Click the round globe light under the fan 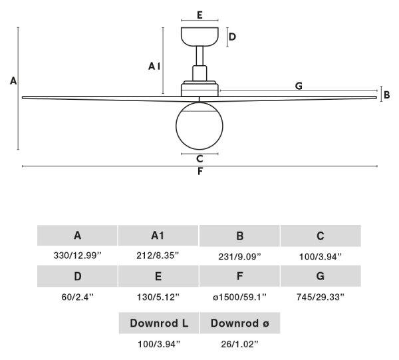[x=199, y=126]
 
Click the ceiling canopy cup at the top [x=199, y=37]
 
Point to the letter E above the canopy [x=199, y=15]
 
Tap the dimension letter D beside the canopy [x=232, y=37]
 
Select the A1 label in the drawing [x=154, y=67]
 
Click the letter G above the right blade [x=299, y=86]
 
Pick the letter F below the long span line [x=200, y=171]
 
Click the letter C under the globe [x=199, y=159]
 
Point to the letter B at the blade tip [x=387, y=95]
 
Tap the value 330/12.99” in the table [x=77, y=255]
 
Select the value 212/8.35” [x=158, y=255]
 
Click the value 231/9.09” [x=239, y=257]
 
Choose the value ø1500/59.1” [x=239, y=297]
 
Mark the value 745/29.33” [x=321, y=297]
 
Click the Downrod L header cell [x=159, y=323]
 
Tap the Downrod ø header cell [x=240, y=323]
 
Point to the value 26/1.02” [x=239, y=344]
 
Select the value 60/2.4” [x=78, y=297]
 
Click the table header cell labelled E [x=158, y=276]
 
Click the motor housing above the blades [x=199, y=89]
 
